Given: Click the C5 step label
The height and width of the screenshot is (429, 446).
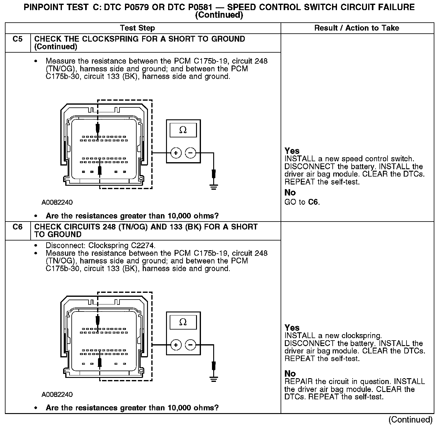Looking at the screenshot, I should point(18,39).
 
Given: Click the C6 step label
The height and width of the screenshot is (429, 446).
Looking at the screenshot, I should point(18,227).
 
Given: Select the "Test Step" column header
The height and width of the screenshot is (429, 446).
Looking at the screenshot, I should point(138,28).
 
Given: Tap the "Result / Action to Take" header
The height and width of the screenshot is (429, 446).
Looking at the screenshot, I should point(357,28).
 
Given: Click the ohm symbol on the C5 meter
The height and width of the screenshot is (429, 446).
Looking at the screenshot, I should point(183,130).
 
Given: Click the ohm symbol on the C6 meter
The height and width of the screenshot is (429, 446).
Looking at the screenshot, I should point(183,322).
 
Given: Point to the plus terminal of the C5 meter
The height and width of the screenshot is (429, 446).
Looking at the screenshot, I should point(176,152).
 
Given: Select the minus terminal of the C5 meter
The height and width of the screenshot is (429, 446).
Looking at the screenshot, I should point(191,152).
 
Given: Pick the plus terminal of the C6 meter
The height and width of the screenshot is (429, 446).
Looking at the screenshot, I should point(176,345).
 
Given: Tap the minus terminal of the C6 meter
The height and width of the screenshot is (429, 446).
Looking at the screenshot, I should point(191,345).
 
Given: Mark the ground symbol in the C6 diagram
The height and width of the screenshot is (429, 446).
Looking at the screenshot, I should point(214,379).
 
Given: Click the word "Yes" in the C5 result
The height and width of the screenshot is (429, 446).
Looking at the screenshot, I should point(292,151).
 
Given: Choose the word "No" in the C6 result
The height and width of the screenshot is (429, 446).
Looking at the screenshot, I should point(290,374).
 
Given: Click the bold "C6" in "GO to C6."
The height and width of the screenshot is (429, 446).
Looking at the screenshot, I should point(313,202).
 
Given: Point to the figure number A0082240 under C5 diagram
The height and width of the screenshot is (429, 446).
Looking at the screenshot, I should point(57,203).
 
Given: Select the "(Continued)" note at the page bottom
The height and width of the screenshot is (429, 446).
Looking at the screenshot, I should point(410,420).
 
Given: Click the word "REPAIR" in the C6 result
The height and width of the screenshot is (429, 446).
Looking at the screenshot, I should point(299,382).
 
